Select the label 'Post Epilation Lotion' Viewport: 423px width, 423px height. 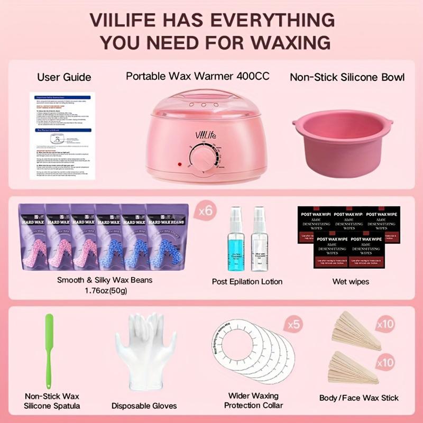pos(247,281)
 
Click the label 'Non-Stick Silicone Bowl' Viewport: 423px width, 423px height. pos(347,77)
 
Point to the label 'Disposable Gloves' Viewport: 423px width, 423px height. pos(144,406)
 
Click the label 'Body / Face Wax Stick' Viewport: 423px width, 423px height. pos(358,398)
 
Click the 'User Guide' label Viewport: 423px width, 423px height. pos(64,77)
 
